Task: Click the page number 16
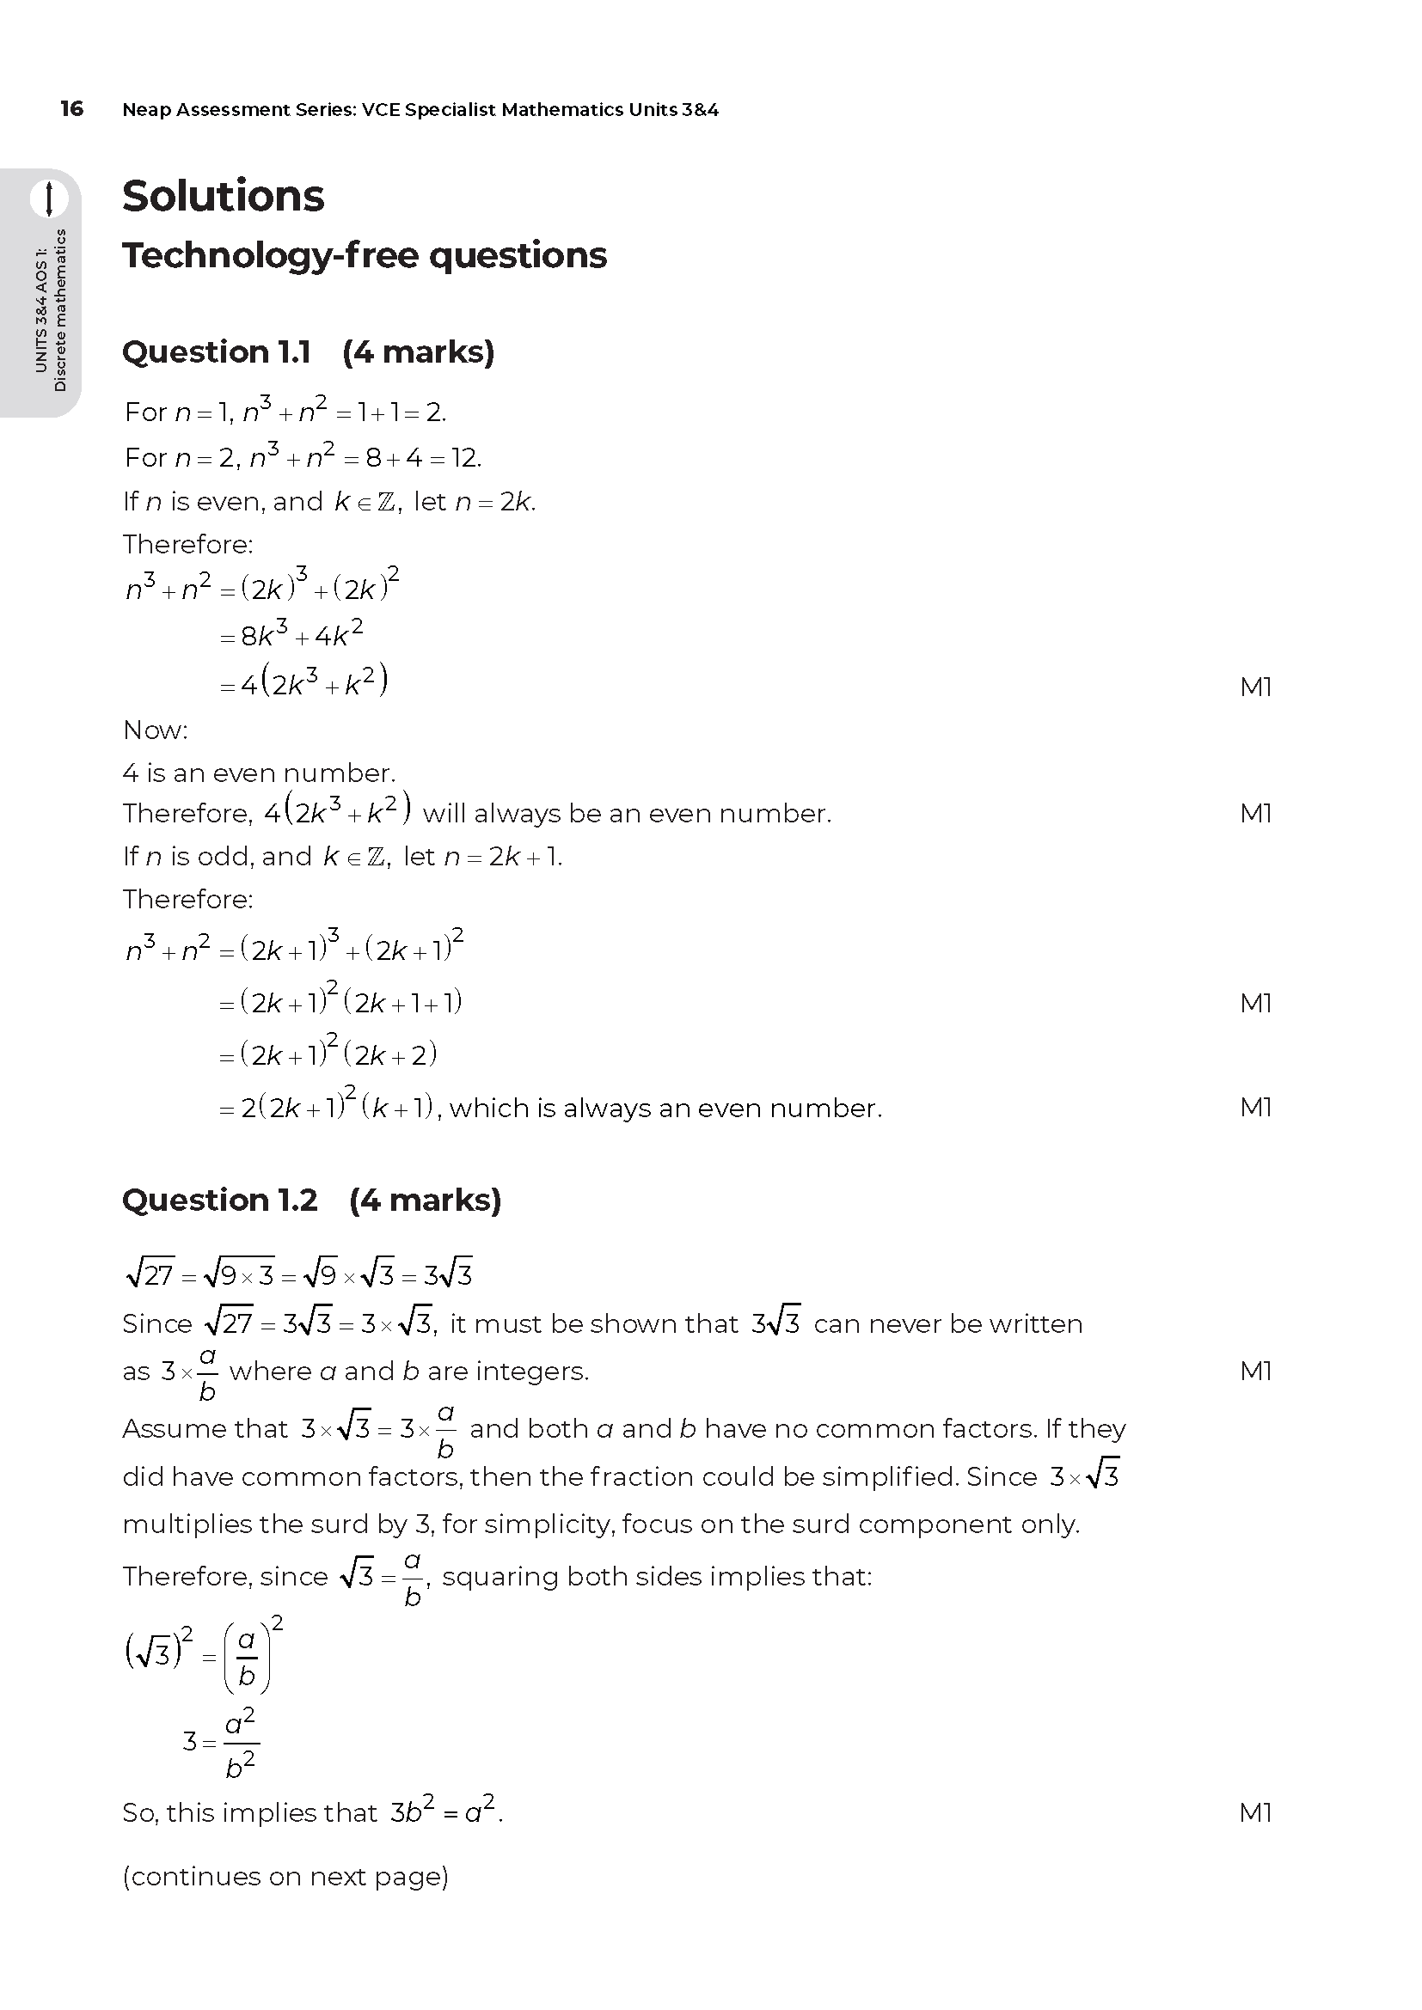(x=72, y=108)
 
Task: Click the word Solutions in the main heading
(x=224, y=196)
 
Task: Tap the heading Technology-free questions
(x=365, y=255)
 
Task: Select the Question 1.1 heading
(x=309, y=352)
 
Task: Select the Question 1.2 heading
(x=312, y=1201)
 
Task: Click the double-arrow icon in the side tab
(x=49, y=199)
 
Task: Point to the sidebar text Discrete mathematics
(x=60, y=310)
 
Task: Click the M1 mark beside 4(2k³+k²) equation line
(x=1255, y=687)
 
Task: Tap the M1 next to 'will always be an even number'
(x=1255, y=813)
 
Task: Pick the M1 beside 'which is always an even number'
(x=1255, y=1108)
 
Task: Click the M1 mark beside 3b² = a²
(x=1255, y=1812)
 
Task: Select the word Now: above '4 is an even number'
(x=156, y=730)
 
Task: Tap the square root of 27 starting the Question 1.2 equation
(x=150, y=1274)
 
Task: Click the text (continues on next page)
(x=285, y=1876)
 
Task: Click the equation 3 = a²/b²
(x=221, y=1742)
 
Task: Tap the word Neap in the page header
(x=145, y=110)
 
